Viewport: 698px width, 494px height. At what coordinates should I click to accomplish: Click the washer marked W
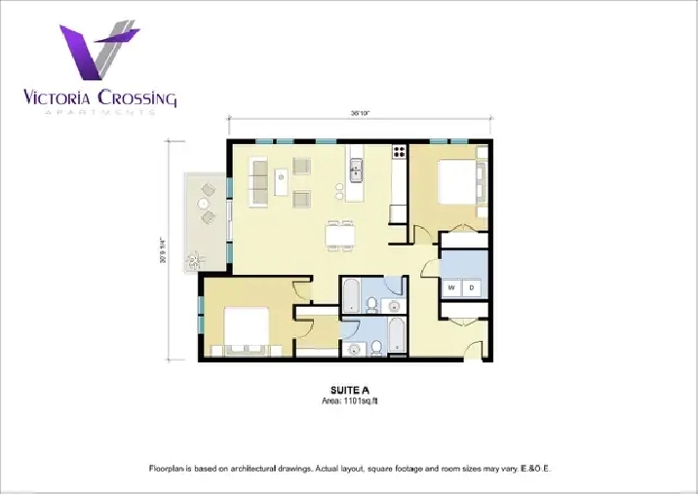tap(452, 288)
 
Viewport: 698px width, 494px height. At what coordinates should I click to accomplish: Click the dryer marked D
tap(472, 288)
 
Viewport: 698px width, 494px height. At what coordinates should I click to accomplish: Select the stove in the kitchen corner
tap(399, 152)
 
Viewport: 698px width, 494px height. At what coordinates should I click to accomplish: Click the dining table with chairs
tap(340, 235)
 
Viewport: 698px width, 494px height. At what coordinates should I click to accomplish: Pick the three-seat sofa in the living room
tap(259, 180)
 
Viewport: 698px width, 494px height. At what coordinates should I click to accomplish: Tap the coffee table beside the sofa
tap(281, 176)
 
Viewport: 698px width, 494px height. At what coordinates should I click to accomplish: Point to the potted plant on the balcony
tap(195, 258)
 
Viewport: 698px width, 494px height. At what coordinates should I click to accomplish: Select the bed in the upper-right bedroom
tap(458, 182)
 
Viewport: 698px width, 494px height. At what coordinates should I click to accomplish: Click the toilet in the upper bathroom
tap(371, 305)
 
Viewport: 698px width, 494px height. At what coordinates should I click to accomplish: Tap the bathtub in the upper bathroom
tap(350, 292)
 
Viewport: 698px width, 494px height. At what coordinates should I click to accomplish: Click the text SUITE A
tap(349, 391)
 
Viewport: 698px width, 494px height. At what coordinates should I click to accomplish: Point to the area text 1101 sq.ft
tap(349, 400)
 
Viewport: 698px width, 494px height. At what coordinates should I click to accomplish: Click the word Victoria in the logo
tap(60, 97)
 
